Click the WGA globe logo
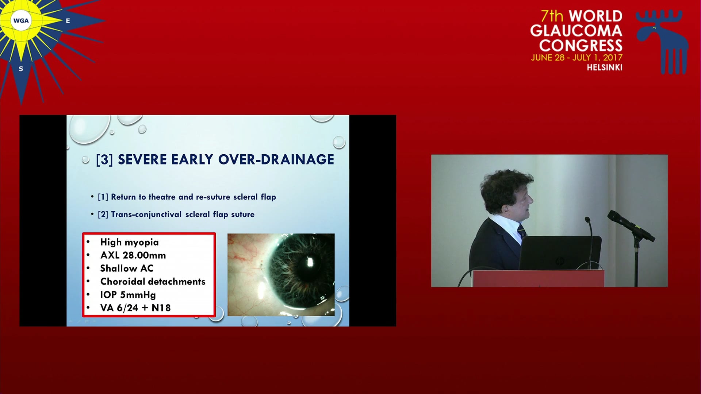click(21, 20)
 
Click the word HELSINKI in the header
click(605, 67)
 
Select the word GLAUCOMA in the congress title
click(576, 31)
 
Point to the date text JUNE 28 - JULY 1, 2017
click(576, 58)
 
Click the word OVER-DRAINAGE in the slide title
click(276, 159)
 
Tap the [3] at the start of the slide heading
click(104, 160)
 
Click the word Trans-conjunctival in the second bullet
click(146, 215)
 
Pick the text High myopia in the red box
click(129, 243)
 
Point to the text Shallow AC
click(127, 269)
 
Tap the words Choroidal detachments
click(153, 282)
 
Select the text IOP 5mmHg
click(128, 295)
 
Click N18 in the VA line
click(161, 308)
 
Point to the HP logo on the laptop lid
click(559, 261)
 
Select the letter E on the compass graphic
click(68, 21)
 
